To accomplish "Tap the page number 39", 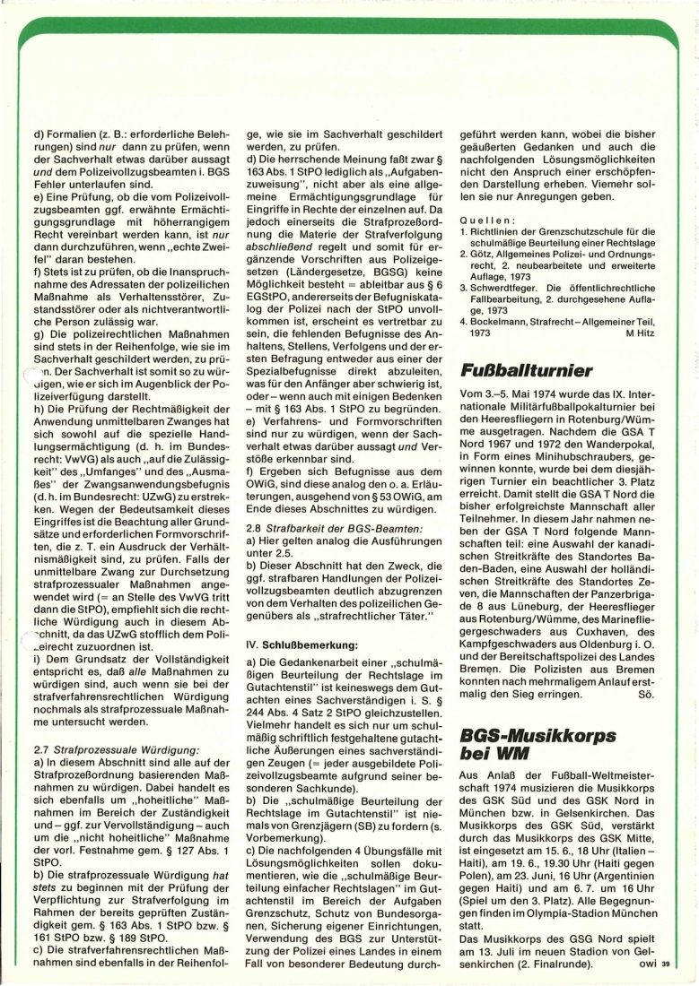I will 666,964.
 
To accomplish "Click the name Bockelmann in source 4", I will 509,320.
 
